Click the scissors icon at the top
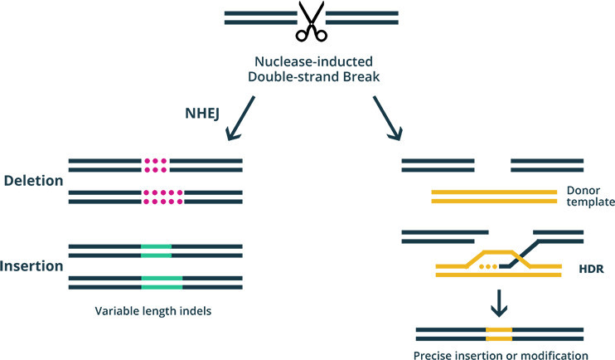[310, 20]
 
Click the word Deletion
[34, 180]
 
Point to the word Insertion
[33, 266]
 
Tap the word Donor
[583, 189]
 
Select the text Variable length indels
[155, 314]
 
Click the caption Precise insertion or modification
[501, 355]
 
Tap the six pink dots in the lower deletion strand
[156, 197]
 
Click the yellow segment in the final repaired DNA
[499, 333]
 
